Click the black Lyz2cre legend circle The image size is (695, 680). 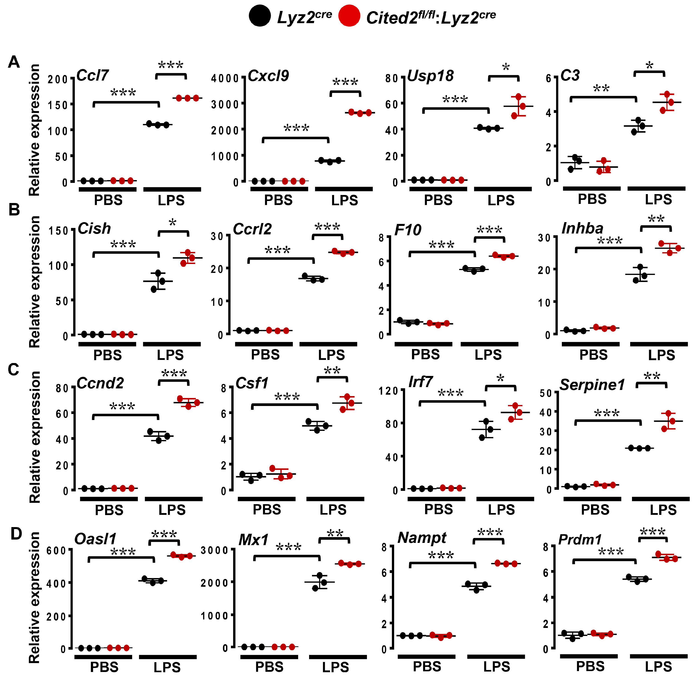259,16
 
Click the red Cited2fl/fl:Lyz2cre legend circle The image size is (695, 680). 349,16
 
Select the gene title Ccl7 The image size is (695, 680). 92,75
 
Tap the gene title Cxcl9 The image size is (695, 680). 268,76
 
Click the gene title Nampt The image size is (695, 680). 422,538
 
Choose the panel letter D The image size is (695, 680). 16,534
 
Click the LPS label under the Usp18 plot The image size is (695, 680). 501,200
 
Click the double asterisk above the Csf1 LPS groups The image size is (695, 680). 332,371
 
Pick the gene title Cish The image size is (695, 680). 94,229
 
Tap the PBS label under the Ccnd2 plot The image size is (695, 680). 109,510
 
